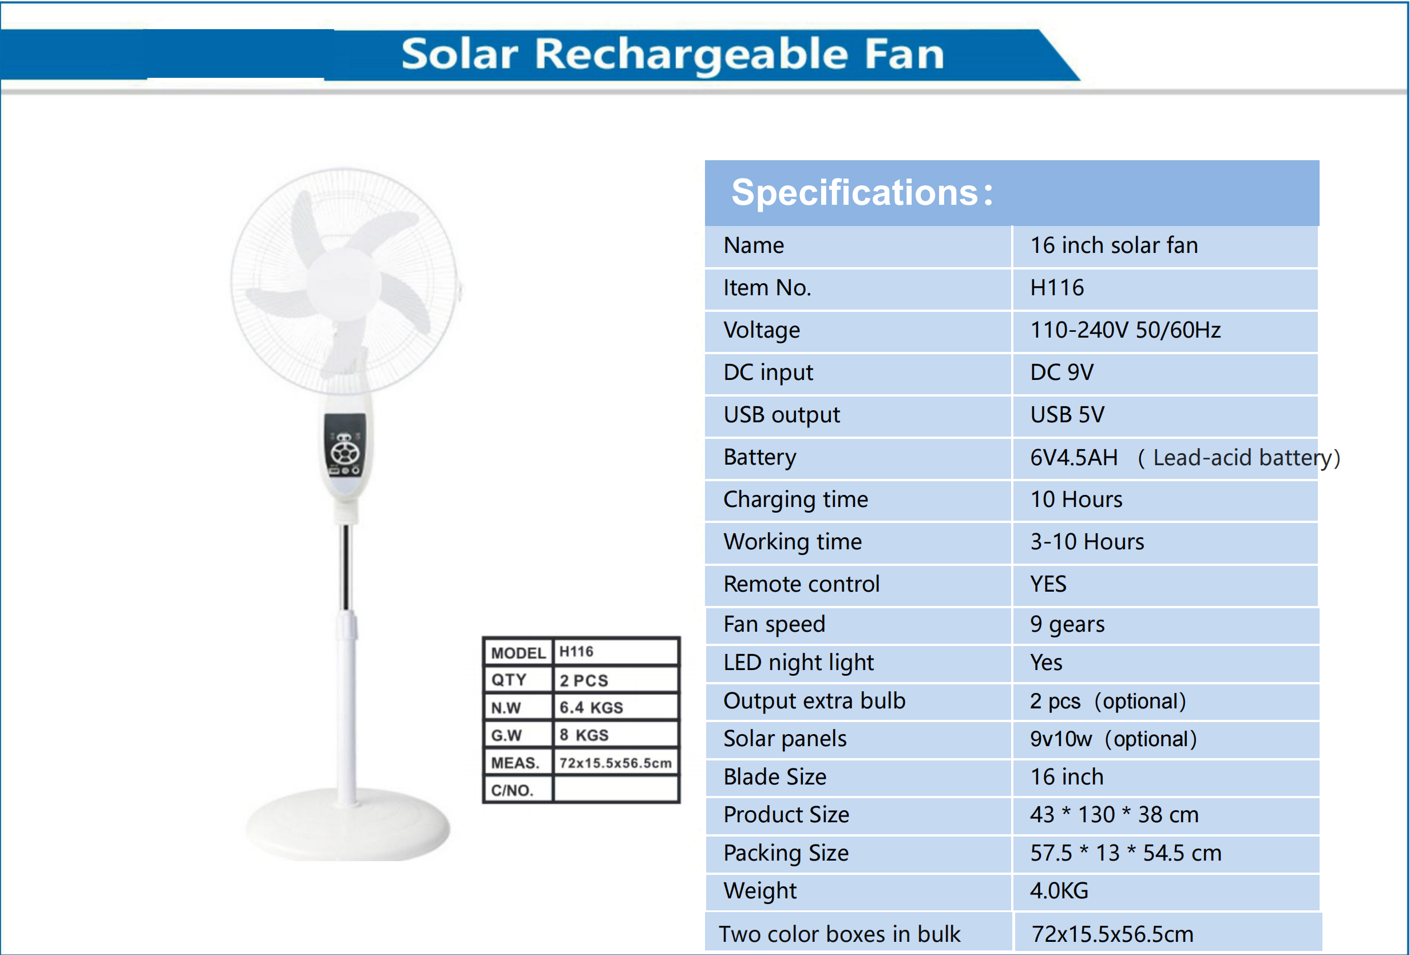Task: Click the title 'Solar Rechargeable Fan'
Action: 672,54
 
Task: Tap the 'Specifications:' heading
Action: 862,193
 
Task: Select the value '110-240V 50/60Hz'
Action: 1126,330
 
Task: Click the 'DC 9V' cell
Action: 1062,373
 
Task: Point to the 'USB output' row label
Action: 782,415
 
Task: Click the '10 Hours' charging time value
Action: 1076,500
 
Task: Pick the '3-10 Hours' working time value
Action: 1087,542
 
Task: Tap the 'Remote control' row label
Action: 802,584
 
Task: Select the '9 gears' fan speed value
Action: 1067,624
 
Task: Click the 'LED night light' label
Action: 798,663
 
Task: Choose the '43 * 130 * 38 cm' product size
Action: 1114,815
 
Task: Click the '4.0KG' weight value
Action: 1059,891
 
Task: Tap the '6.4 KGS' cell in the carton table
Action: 591,707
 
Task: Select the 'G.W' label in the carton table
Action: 506,735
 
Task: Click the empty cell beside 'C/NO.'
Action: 615,790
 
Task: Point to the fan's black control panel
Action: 345,445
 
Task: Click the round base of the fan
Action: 348,825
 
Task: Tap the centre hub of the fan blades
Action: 344,284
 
